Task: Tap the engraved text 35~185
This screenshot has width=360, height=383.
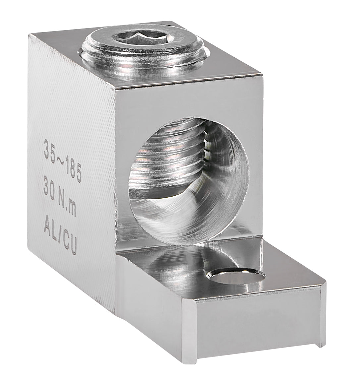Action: [62, 160]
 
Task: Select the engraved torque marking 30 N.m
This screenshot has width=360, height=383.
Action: [60, 197]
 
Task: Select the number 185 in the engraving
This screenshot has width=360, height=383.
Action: [73, 170]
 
